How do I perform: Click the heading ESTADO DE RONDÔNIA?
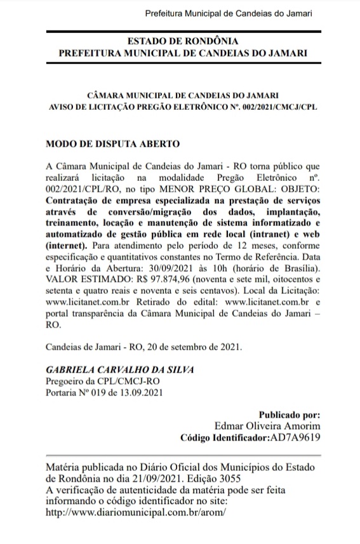coord(182,42)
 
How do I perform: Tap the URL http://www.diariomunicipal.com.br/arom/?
coord(137,511)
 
